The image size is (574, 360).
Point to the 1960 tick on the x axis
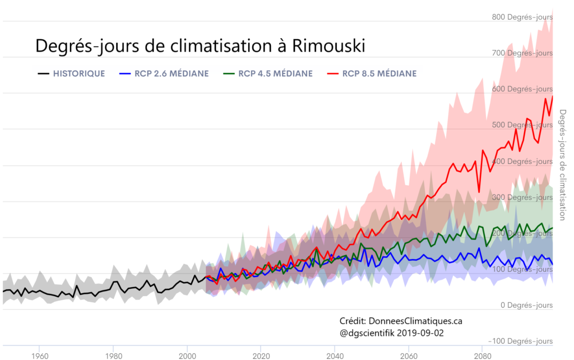(x=39, y=355)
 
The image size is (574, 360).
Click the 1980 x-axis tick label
(x=113, y=355)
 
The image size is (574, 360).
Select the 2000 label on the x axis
(x=187, y=355)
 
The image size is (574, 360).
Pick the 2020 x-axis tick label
(x=261, y=355)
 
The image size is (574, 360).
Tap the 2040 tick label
(x=335, y=355)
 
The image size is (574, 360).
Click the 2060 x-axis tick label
(x=408, y=355)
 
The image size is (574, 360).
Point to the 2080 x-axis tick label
(x=482, y=355)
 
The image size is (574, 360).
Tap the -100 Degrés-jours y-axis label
(x=521, y=341)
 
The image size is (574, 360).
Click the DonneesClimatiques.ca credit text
(x=415, y=321)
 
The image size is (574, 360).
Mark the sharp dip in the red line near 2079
(x=479, y=192)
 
